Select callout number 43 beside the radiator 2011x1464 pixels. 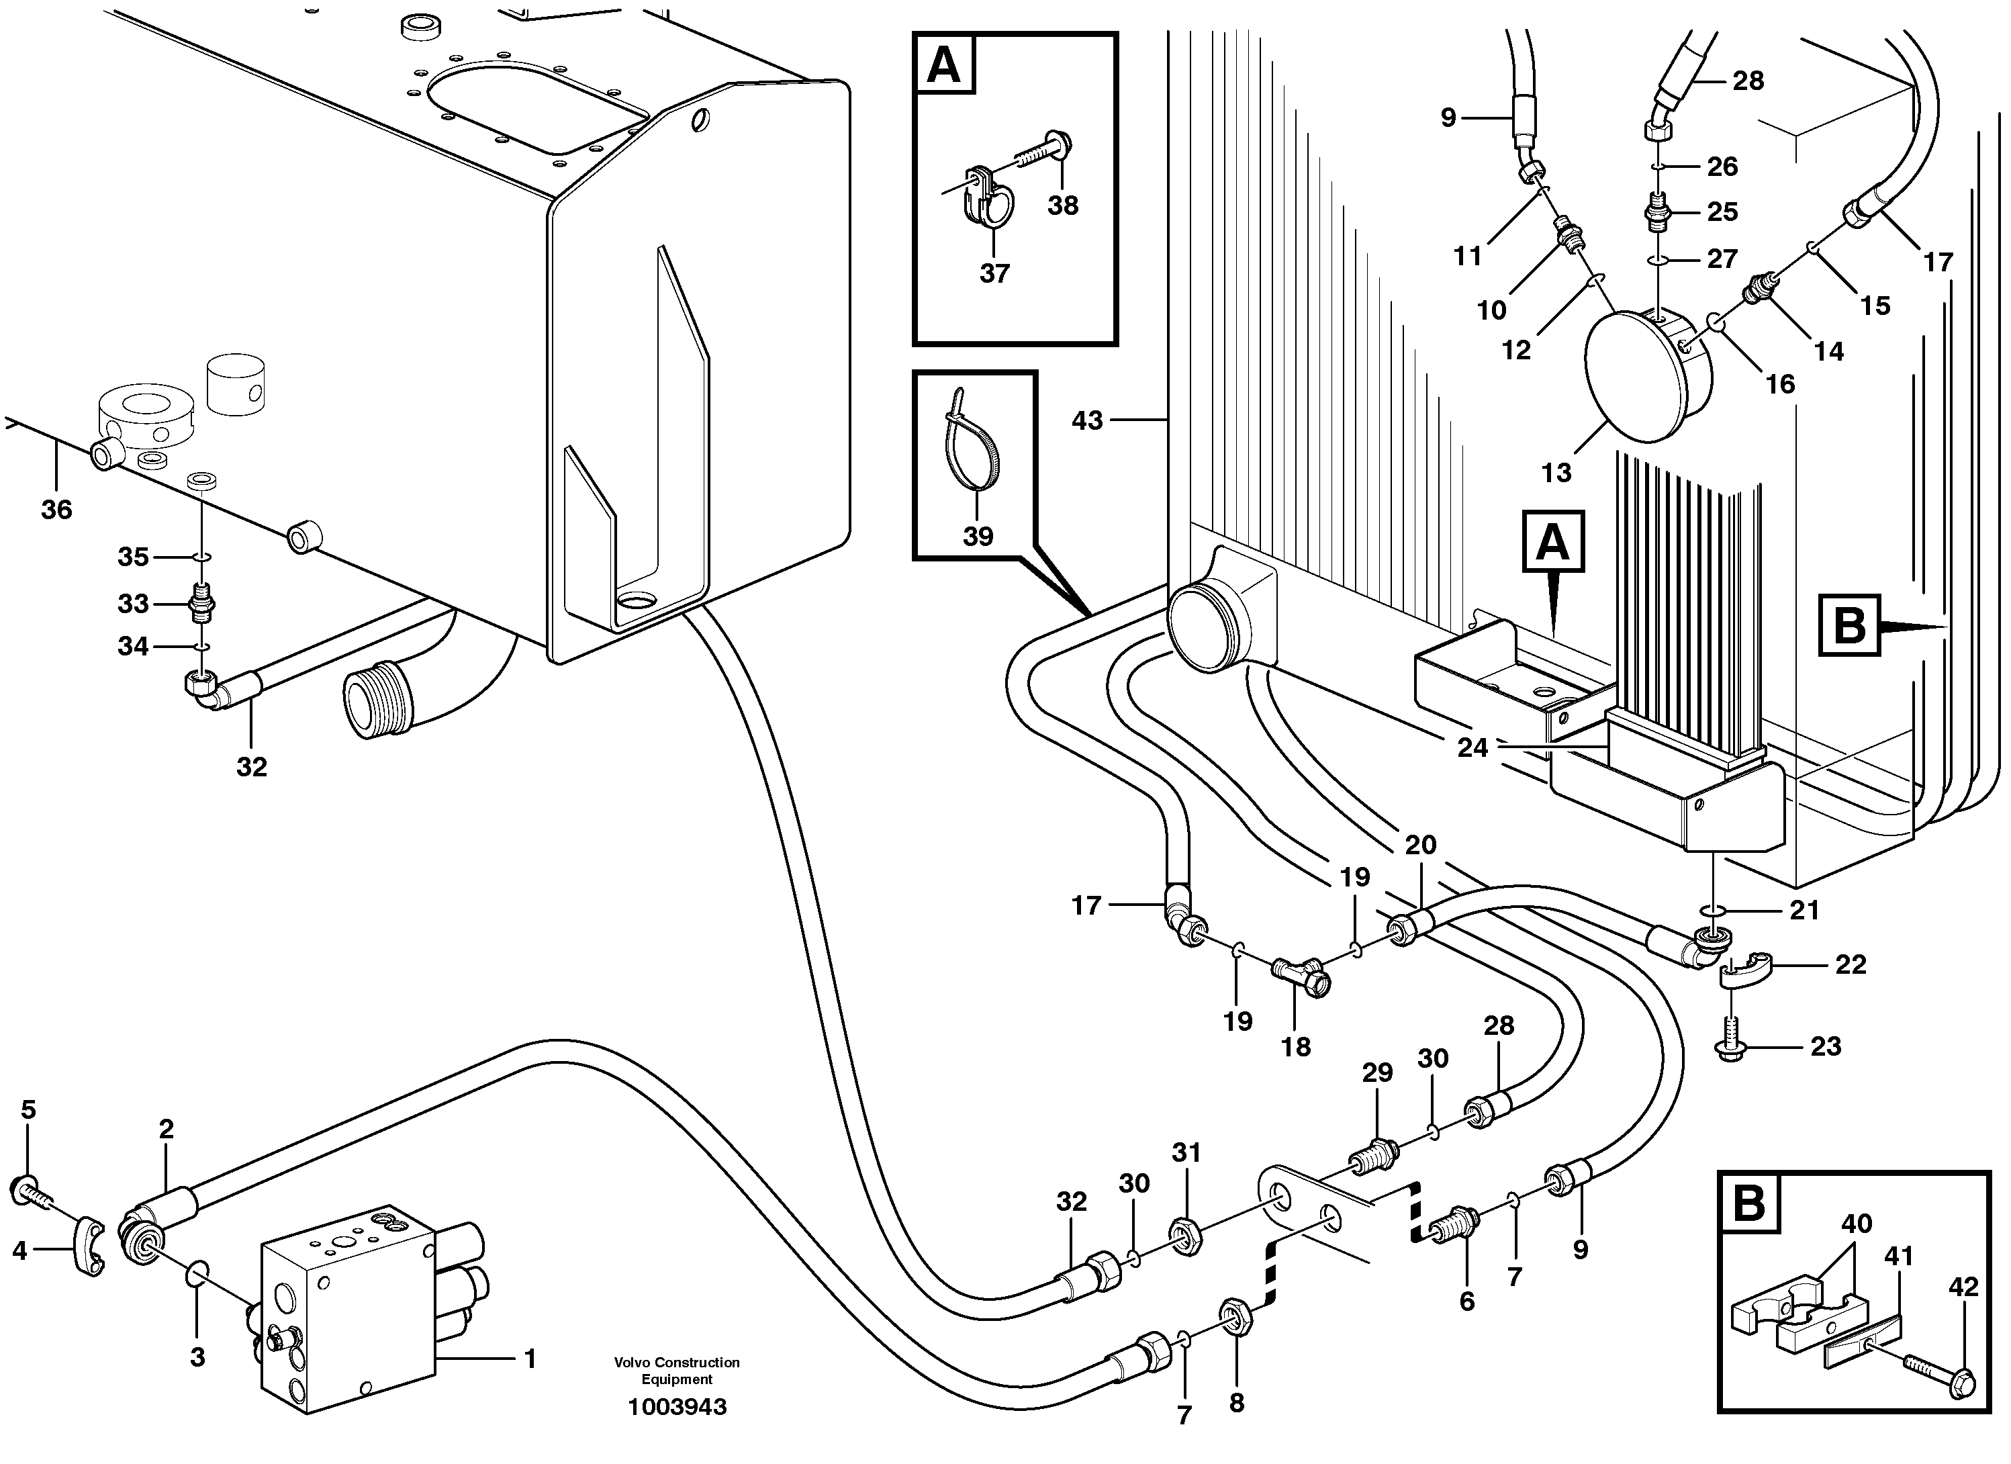[x=1087, y=420]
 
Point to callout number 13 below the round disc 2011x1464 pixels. [x=1556, y=473]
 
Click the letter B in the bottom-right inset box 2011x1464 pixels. [x=1749, y=1203]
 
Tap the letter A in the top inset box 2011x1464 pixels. [x=943, y=64]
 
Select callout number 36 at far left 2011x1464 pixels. [x=56, y=509]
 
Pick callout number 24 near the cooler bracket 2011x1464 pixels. [x=1472, y=747]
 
